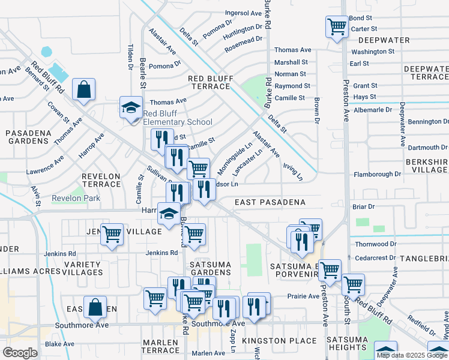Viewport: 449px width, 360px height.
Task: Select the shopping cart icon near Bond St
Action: (x=337, y=26)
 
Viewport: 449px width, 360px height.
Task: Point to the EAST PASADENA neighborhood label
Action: (x=270, y=203)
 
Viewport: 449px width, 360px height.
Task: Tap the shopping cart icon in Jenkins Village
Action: (x=112, y=235)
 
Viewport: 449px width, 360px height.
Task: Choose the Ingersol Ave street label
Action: (x=243, y=13)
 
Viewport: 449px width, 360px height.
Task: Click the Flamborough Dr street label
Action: (x=377, y=174)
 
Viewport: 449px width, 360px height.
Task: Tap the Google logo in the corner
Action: (x=20, y=353)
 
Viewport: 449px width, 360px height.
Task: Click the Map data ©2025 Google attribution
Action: (x=412, y=355)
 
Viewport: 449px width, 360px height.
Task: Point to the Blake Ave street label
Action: (x=59, y=344)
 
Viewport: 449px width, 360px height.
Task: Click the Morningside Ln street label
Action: (x=243, y=155)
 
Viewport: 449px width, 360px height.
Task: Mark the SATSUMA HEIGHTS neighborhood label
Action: (x=347, y=344)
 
